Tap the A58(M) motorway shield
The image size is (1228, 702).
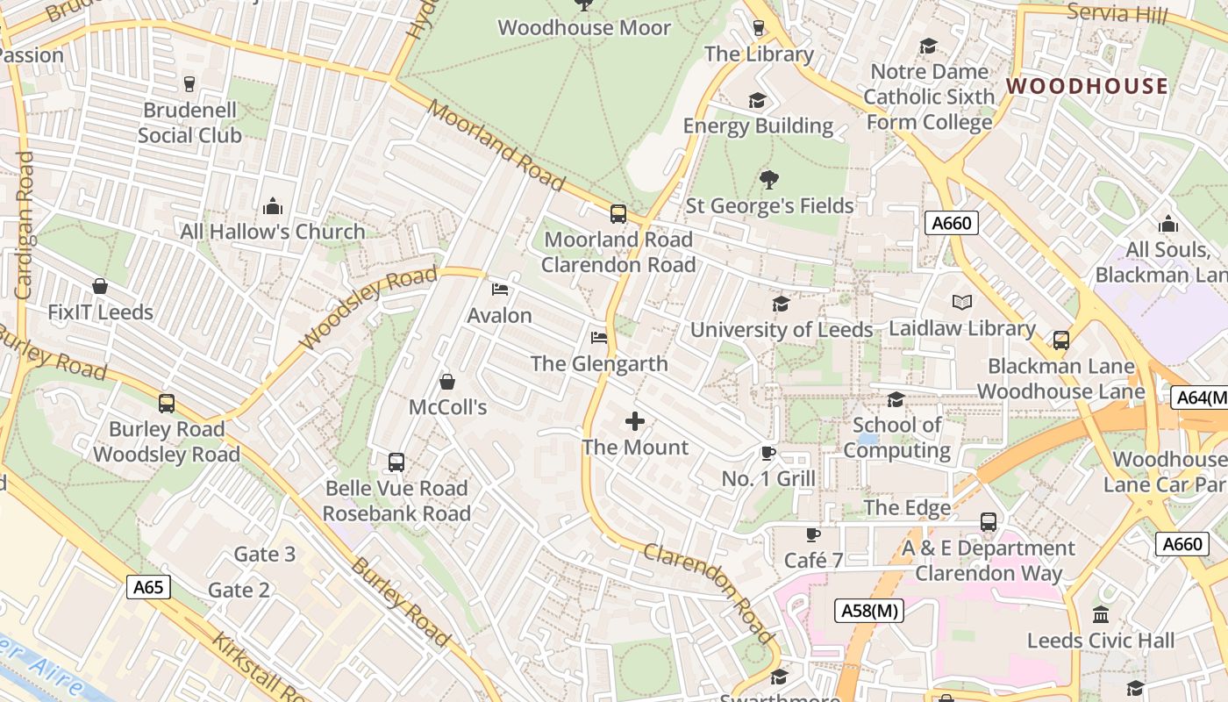click(x=868, y=611)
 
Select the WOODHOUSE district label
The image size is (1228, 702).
click(x=1087, y=86)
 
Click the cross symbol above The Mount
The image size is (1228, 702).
click(x=635, y=422)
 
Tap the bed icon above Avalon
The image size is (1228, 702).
click(x=500, y=289)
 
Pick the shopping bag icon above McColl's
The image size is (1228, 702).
click(x=447, y=382)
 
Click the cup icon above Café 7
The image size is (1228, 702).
click(x=813, y=534)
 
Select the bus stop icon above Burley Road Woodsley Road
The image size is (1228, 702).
click(x=167, y=404)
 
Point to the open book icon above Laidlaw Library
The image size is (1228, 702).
click(x=962, y=303)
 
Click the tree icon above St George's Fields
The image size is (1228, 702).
click(x=769, y=180)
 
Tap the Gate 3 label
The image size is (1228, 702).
click(x=265, y=554)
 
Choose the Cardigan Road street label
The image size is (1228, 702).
click(x=24, y=225)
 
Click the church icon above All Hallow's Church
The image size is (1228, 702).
click(x=273, y=206)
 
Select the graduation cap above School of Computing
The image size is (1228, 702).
click(x=896, y=400)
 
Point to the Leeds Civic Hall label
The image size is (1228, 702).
click(x=1101, y=641)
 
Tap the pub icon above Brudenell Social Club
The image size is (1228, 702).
click(x=189, y=84)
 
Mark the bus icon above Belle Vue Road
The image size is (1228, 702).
click(x=396, y=462)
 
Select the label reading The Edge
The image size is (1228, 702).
click(x=907, y=507)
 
